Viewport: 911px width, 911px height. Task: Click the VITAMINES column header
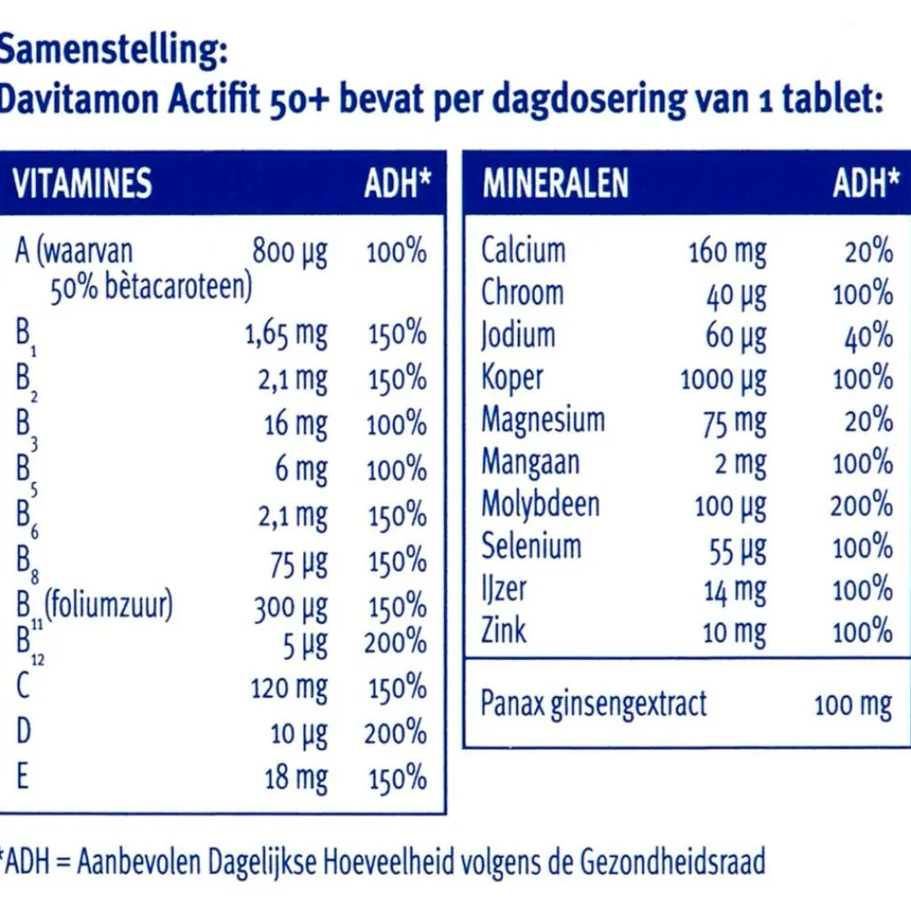pyautogui.click(x=82, y=184)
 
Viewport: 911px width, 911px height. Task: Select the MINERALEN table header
pyautogui.click(x=555, y=184)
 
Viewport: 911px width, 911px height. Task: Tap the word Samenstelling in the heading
pyautogui.click(x=107, y=52)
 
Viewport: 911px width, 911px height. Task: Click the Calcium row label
pyautogui.click(x=522, y=250)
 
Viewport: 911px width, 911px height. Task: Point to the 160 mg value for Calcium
pyautogui.click(x=726, y=253)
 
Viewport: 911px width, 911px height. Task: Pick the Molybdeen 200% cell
pyautogui.click(x=861, y=506)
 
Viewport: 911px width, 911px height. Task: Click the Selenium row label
pyautogui.click(x=531, y=546)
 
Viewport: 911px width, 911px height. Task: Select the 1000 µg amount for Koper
pyautogui.click(x=723, y=380)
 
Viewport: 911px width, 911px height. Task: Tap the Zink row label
pyautogui.click(x=504, y=631)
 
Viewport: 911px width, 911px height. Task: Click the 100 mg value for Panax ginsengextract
pyautogui.click(x=852, y=705)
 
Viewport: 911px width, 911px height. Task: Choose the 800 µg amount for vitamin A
pyautogui.click(x=289, y=252)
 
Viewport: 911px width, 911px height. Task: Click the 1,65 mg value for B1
pyautogui.click(x=286, y=335)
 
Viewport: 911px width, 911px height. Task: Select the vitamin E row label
pyautogui.click(x=22, y=777)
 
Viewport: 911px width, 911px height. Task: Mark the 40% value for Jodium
pyautogui.click(x=869, y=337)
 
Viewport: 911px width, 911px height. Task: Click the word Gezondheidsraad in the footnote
pyautogui.click(x=673, y=863)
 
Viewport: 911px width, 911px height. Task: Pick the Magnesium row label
pyautogui.click(x=542, y=419)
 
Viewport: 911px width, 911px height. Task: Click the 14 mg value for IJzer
pyautogui.click(x=734, y=590)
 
